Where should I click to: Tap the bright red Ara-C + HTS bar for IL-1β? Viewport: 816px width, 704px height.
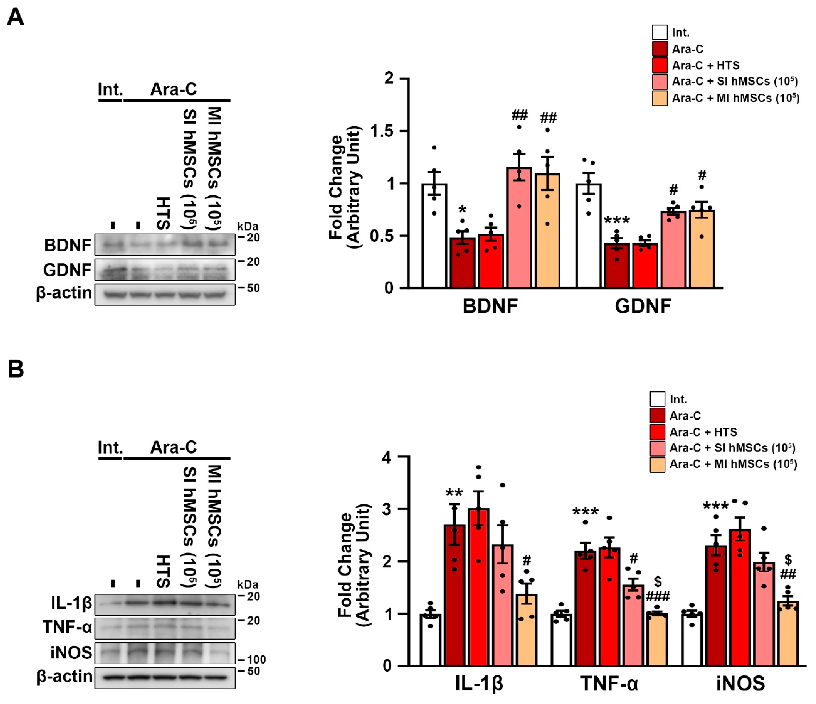click(x=478, y=587)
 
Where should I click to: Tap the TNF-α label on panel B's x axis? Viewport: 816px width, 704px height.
click(x=609, y=683)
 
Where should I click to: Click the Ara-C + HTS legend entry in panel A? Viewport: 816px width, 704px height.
click(x=705, y=65)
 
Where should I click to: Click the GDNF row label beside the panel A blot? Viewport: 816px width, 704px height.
click(x=67, y=270)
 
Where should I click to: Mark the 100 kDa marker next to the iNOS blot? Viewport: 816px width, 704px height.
click(x=256, y=659)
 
